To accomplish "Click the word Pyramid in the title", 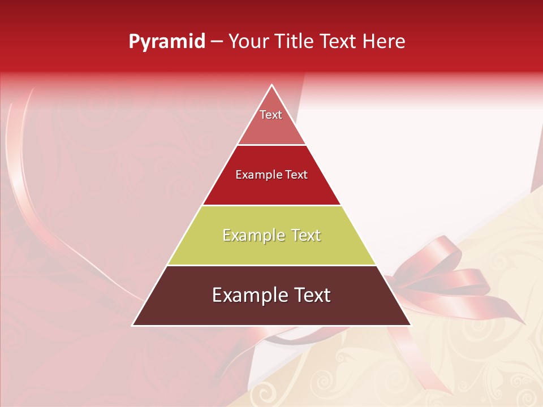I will click(x=167, y=42).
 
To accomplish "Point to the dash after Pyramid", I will click(x=217, y=42).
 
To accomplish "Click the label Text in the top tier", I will click(x=271, y=115).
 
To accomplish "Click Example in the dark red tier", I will click(x=257, y=175).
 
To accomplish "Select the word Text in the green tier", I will click(x=307, y=235).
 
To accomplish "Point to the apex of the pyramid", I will click(x=271, y=85).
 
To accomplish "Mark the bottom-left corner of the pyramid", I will click(x=133, y=325).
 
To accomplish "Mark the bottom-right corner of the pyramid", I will click(x=410, y=325).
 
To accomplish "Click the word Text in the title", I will click(x=339, y=42).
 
